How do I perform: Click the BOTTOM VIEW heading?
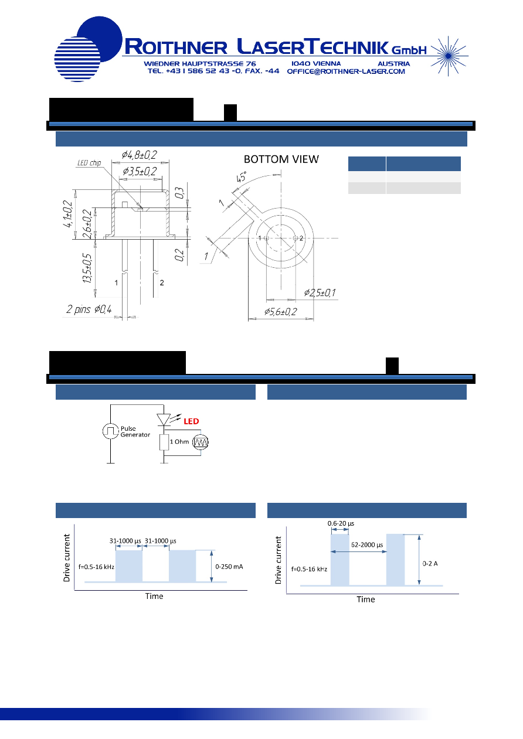(x=281, y=159)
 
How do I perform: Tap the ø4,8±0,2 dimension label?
(x=139, y=155)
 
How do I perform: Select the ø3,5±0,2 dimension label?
(x=140, y=171)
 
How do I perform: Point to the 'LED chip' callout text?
(x=89, y=163)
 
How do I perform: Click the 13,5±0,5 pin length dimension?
(x=87, y=268)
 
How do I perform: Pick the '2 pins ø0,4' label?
(x=89, y=309)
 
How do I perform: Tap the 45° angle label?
(x=241, y=177)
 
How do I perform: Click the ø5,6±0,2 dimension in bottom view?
(x=280, y=312)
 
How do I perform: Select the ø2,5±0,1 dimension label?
(x=320, y=292)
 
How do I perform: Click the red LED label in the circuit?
(x=191, y=421)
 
